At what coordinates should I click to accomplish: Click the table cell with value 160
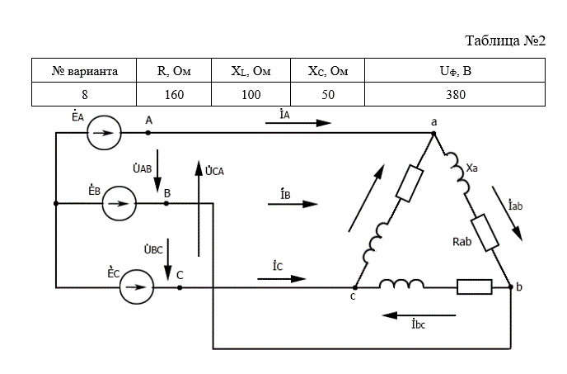(174, 94)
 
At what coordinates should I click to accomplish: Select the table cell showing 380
(455, 94)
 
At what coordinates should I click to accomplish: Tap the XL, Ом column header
(251, 70)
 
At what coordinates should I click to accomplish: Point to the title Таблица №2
(505, 40)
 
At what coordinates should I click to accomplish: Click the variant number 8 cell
(84, 94)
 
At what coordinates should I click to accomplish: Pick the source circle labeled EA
(104, 133)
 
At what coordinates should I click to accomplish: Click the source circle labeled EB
(119, 203)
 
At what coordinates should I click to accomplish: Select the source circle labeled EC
(137, 287)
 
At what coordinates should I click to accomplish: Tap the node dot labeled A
(148, 133)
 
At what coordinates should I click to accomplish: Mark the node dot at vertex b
(511, 287)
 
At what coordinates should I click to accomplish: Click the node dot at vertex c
(355, 287)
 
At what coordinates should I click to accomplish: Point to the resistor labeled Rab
(485, 233)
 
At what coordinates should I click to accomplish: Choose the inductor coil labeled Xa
(457, 173)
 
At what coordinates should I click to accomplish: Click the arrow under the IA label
(298, 123)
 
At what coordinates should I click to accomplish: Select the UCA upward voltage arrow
(199, 208)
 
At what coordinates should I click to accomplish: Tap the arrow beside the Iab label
(508, 214)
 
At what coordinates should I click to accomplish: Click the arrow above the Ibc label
(419, 315)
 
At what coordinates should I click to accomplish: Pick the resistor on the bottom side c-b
(475, 287)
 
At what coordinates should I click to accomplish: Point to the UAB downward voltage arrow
(157, 171)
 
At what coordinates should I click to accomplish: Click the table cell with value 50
(328, 94)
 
